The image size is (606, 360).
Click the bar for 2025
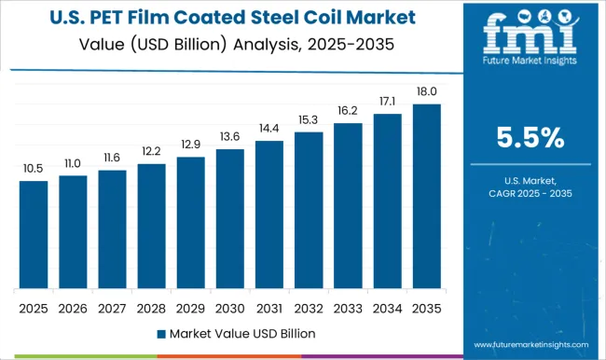(x=34, y=234)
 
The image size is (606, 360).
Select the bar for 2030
(x=229, y=218)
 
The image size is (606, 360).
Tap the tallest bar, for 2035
(x=426, y=196)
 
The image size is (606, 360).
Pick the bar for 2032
(x=309, y=210)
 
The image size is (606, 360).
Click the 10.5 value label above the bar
(x=34, y=169)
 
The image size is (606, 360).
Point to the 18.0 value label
(x=426, y=92)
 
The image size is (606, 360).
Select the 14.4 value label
(x=269, y=129)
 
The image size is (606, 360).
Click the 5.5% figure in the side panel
(x=530, y=139)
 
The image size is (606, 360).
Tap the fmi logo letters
(x=530, y=36)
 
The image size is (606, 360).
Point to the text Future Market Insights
(x=530, y=68)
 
